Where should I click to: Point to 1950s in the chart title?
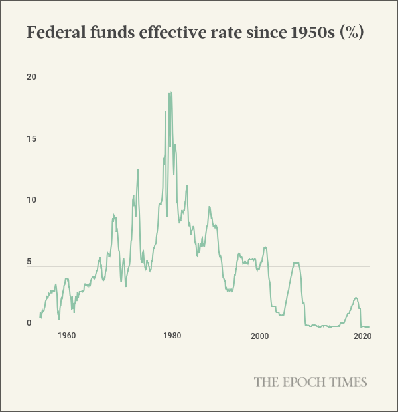(x=309, y=33)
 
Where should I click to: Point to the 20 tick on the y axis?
(x=31, y=78)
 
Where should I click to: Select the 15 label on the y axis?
(x=31, y=140)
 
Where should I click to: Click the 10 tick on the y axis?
(x=31, y=201)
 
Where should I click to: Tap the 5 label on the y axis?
(x=29, y=262)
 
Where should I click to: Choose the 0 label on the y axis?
(x=29, y=323)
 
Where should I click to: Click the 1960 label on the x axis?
(x=66, y=336)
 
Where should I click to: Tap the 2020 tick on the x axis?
(x=362, y=336)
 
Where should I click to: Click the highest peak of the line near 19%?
(x=170, y=93)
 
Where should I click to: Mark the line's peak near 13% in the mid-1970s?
(x=137, y=169)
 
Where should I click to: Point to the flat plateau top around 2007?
(x=296, y=263)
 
